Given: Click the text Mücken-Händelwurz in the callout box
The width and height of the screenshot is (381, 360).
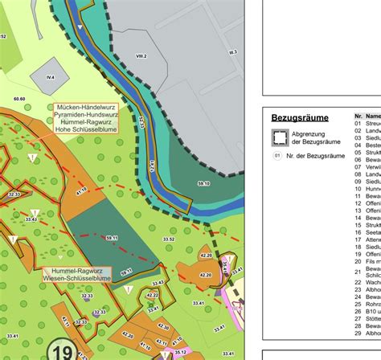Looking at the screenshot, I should click(x=85, y=107).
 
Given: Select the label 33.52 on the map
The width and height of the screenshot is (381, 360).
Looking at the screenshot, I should click(x=169, y=239).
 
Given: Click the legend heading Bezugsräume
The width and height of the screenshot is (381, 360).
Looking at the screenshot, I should click(x=300, y=117).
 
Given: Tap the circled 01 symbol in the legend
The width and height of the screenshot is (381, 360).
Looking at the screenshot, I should click(x=278, y=156).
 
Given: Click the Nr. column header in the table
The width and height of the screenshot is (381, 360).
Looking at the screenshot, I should click(x=358, y=117).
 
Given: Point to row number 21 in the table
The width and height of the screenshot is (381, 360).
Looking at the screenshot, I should click(x=358, y=272).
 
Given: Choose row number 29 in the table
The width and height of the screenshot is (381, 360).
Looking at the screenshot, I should click(x=358, y=333).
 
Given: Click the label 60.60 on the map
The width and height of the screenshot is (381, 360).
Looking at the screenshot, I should click(x=19, y=99).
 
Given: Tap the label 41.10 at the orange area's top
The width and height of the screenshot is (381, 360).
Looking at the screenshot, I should click(x=80, y=191).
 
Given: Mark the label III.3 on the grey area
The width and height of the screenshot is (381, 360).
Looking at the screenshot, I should click(x=233, y=51).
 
